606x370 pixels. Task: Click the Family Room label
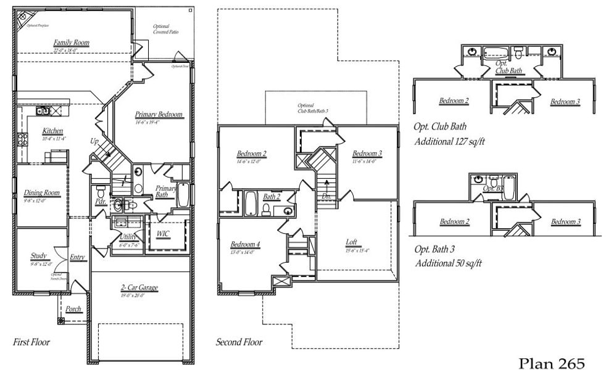[71, 43]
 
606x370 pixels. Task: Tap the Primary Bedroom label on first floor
[159, 114]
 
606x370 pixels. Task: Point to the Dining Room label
[41, 193]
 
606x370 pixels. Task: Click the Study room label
[39, 255]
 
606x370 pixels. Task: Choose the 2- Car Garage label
[140, 287]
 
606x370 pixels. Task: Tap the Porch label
[73, 308]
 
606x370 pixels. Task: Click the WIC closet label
[164, 234]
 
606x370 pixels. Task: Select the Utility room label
[128, 236]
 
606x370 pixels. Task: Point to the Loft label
[352, 242]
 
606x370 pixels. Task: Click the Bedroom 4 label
[245, 244]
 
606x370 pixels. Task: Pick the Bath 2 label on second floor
[272, 197]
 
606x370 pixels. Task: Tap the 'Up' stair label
[94, 141]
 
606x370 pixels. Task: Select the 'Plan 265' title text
[550, 362]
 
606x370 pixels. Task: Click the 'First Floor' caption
[31, 341]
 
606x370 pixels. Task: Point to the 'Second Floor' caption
[239, 342]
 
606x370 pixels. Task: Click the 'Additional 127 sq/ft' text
[449, 141]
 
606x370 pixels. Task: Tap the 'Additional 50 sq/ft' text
[447, 263]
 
